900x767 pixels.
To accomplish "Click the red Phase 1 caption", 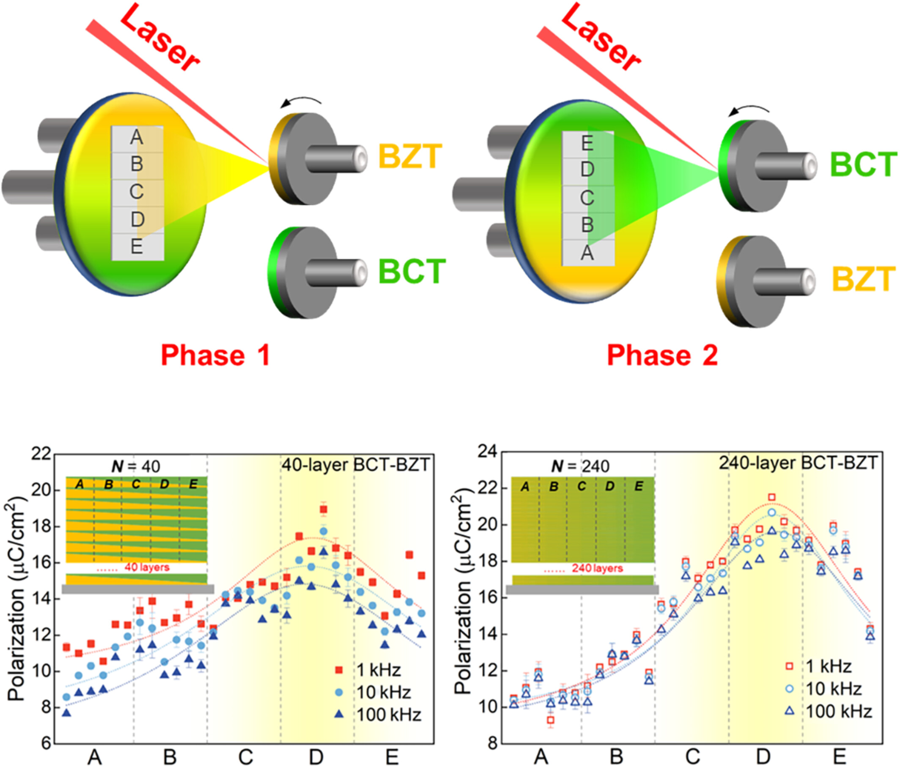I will [215, 355].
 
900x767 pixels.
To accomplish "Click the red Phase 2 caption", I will [663, 355].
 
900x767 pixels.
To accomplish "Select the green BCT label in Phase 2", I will [864, 164].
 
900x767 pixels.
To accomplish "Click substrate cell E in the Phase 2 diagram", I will [587, 143].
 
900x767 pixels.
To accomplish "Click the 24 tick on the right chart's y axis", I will [487, 452].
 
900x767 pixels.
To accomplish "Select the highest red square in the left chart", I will [323, 509].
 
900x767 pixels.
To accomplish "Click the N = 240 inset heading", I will [580, 466].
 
